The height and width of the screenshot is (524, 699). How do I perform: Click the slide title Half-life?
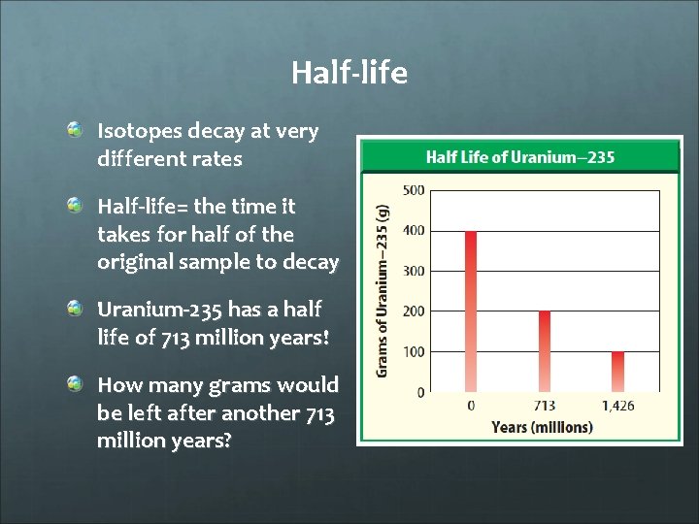click(349, 73)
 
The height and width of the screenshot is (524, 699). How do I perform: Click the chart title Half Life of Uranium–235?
click(520, 157)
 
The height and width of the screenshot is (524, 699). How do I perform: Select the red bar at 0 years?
click(472, 311)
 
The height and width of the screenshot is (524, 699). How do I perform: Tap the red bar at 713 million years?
click(545, 351)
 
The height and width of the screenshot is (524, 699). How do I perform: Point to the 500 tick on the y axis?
click(413, 190)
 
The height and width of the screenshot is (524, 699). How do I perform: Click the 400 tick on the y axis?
click(413, 231)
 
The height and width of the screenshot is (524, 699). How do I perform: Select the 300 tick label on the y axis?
click(413, 271)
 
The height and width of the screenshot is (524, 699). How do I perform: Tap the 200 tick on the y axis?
click(413, 311)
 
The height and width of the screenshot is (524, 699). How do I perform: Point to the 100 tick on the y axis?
click(413, 351)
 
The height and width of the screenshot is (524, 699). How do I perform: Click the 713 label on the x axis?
click(545, 406)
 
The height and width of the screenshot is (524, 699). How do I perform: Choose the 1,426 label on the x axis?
click(617, 406)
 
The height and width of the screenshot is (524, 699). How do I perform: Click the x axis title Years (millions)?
click(542, 427)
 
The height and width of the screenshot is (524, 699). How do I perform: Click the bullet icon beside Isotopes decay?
click(76, 130)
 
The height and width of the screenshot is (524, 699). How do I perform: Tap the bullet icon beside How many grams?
click(76, 385)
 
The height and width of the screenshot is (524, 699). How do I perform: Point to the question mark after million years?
click(227, 440)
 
